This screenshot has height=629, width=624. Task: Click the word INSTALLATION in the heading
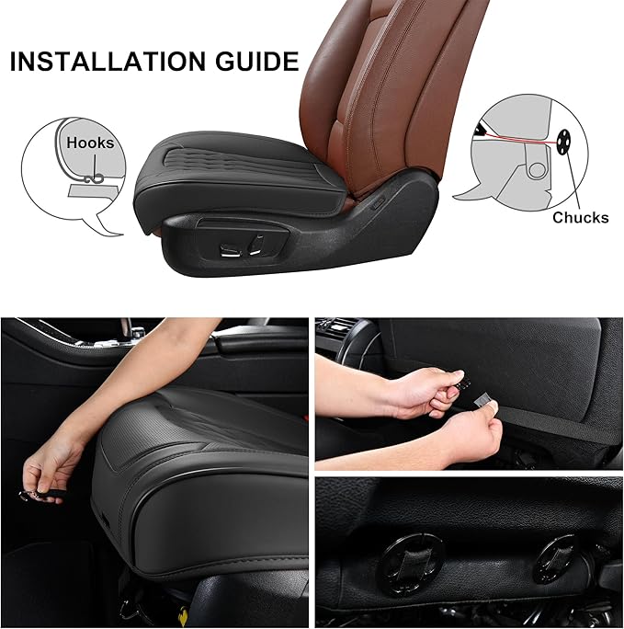click(x=102, y=63)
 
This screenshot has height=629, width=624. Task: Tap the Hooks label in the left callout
click(x=90, y=143)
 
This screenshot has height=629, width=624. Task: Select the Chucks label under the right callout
click(x=580, y=218)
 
